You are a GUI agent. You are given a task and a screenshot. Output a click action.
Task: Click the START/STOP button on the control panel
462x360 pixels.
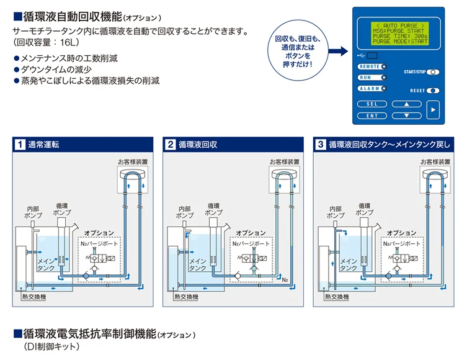pyautogui.click(x=433, y=72)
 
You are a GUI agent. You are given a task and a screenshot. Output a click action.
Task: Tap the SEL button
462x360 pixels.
pyautogui.click(x=372, y=104)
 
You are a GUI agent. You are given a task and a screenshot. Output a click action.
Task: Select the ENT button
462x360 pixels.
pyautogui.click(x=372, y=115)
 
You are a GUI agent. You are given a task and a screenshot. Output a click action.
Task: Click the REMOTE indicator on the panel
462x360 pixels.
pyautogui.click(x=371, y=66)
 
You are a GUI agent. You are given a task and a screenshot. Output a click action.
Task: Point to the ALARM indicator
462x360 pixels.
pyautogui.click(x=371, y=89)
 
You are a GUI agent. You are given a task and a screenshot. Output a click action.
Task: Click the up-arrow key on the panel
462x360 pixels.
pyautogui.click(x=407, y=104)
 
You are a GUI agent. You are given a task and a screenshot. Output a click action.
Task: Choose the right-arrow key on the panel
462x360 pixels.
pyautogui.click(x=433, y=110)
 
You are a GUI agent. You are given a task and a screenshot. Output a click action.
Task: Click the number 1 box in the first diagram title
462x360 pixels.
pyautogui.click(x=20, y=144)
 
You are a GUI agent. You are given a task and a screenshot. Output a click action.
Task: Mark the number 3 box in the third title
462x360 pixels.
pyautogui.click(x=321, y=144)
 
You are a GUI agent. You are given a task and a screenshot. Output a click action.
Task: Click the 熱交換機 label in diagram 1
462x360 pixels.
pyautogui.click(x=33, y=297)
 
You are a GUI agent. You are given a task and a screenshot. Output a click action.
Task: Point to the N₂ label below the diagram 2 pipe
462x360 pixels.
pyautogui.click(x=285, y=280)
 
